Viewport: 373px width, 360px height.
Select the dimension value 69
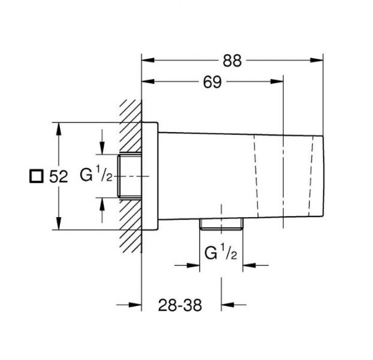pos(212,83)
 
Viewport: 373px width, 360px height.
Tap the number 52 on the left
pos(58,176)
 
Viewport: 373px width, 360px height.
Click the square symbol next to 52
pos(37,176)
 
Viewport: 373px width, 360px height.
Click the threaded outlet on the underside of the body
pos(221,226)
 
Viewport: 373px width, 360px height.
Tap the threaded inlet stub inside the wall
pos(130,176)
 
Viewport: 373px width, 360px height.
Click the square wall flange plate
pos(149,176)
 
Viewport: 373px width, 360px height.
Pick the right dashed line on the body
pos(313,176)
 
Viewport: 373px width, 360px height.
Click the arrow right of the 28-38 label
pos(229,305)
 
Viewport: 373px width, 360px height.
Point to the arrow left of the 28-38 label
pos(134,305)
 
